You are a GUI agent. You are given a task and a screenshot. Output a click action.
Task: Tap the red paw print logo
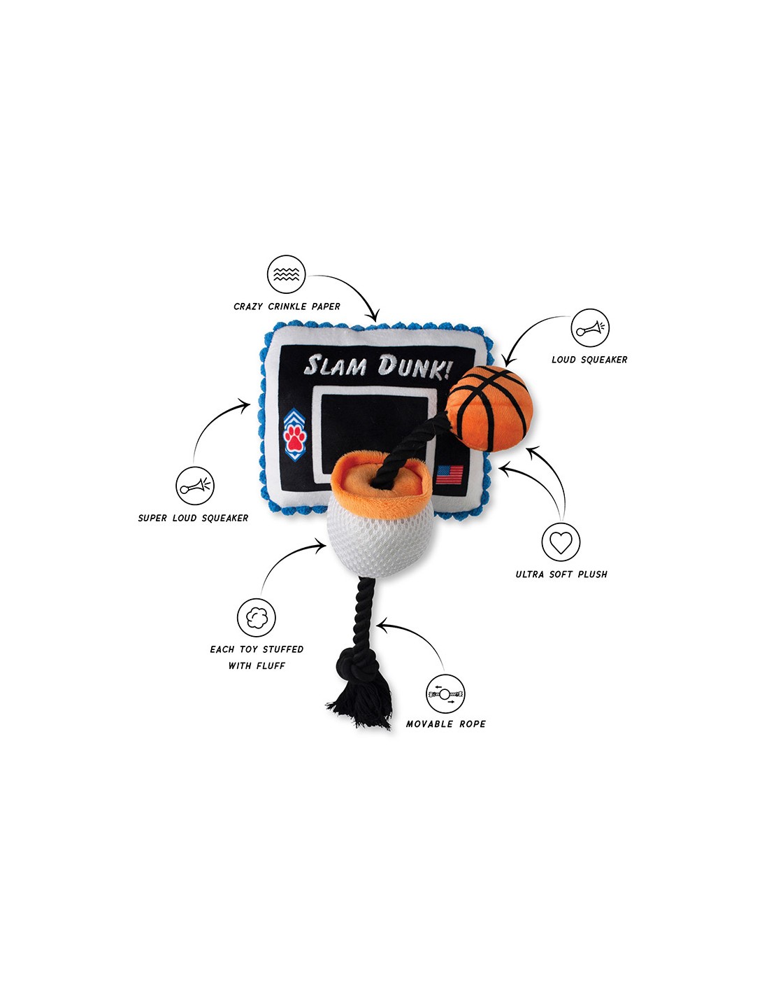294,437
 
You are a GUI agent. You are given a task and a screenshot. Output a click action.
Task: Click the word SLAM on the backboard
336,365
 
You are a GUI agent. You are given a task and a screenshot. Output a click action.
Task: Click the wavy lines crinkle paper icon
287,274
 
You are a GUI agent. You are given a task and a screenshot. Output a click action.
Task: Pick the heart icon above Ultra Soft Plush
561,542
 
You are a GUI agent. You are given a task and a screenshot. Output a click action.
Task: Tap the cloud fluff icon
256,617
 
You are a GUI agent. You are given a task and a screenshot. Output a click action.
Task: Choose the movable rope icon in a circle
445,693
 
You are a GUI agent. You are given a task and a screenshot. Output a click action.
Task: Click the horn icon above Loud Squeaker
590,327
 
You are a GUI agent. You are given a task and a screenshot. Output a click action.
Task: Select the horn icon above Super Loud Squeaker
195,486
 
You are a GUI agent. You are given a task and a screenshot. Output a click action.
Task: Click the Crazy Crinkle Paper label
287,306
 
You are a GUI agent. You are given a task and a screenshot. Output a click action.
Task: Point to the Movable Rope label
445,724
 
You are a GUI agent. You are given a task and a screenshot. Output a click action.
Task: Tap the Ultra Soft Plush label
561,574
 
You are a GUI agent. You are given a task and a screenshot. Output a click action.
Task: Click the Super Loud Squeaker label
193,518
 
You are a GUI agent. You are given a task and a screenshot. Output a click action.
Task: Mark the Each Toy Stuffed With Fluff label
257,657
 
